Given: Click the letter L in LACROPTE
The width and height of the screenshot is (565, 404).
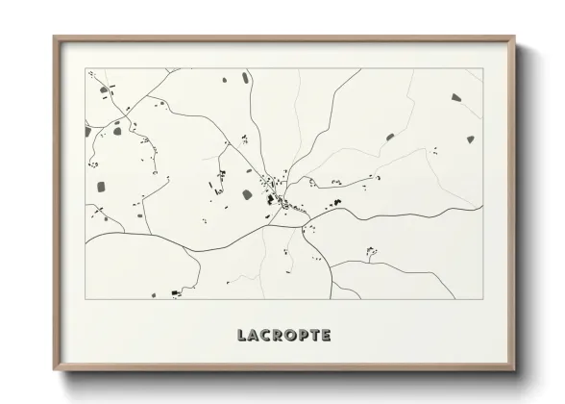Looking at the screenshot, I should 241,335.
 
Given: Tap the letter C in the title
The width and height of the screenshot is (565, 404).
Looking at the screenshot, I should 266,335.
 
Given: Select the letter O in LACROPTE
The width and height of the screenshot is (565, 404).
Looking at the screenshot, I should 292,335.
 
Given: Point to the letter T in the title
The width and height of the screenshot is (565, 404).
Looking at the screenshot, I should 316,335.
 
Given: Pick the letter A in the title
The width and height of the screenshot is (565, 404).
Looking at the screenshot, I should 253,335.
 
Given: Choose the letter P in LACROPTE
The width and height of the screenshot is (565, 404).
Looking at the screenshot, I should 305,335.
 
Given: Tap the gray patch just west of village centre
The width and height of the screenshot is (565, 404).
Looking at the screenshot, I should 251,193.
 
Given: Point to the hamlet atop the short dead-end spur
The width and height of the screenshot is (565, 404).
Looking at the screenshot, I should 369,254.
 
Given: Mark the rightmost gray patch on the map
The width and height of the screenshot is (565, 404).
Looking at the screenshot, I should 469,139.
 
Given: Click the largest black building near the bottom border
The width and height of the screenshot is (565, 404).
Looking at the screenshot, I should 174,292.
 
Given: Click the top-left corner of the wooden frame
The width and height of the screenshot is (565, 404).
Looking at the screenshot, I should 53,37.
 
